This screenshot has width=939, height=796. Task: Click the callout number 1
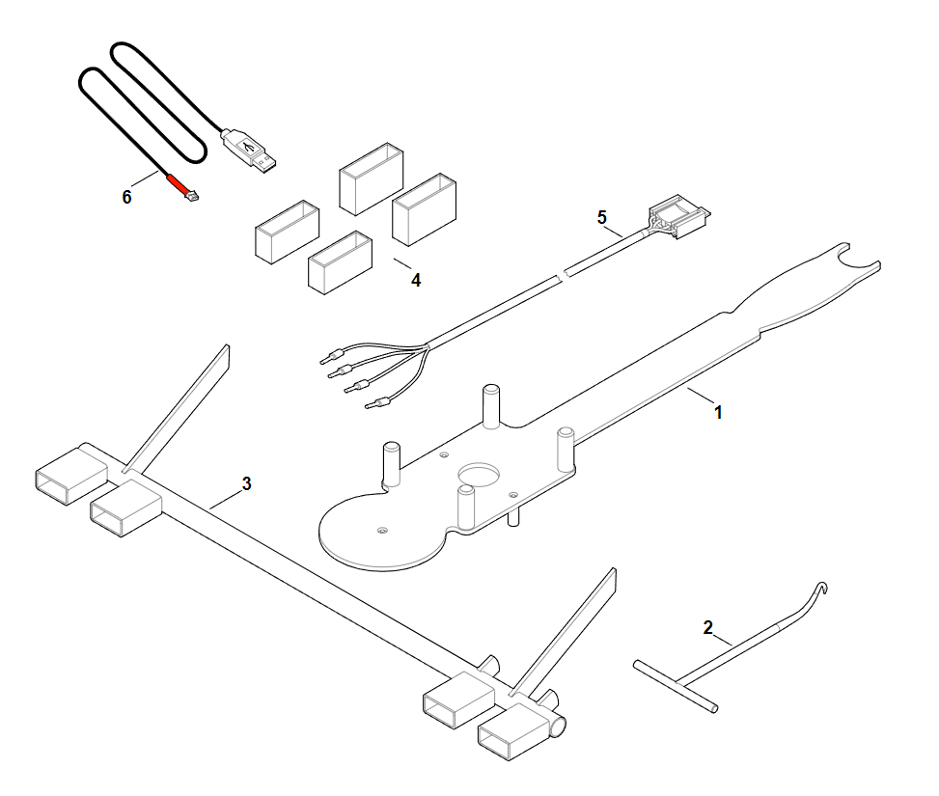718,412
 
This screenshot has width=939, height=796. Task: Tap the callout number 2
707,628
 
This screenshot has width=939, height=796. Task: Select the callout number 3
247,484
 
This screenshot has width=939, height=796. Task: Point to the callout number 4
416,280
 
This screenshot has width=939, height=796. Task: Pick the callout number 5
602,217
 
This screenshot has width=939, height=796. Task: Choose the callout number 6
126,197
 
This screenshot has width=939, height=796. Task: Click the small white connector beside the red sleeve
193,195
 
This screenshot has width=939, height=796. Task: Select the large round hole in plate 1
479,474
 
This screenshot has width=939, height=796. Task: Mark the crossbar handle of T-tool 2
676,686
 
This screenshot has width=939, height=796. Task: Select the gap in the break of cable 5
563,275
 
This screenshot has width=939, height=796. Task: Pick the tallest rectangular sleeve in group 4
424,209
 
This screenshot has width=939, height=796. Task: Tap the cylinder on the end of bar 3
559,726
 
